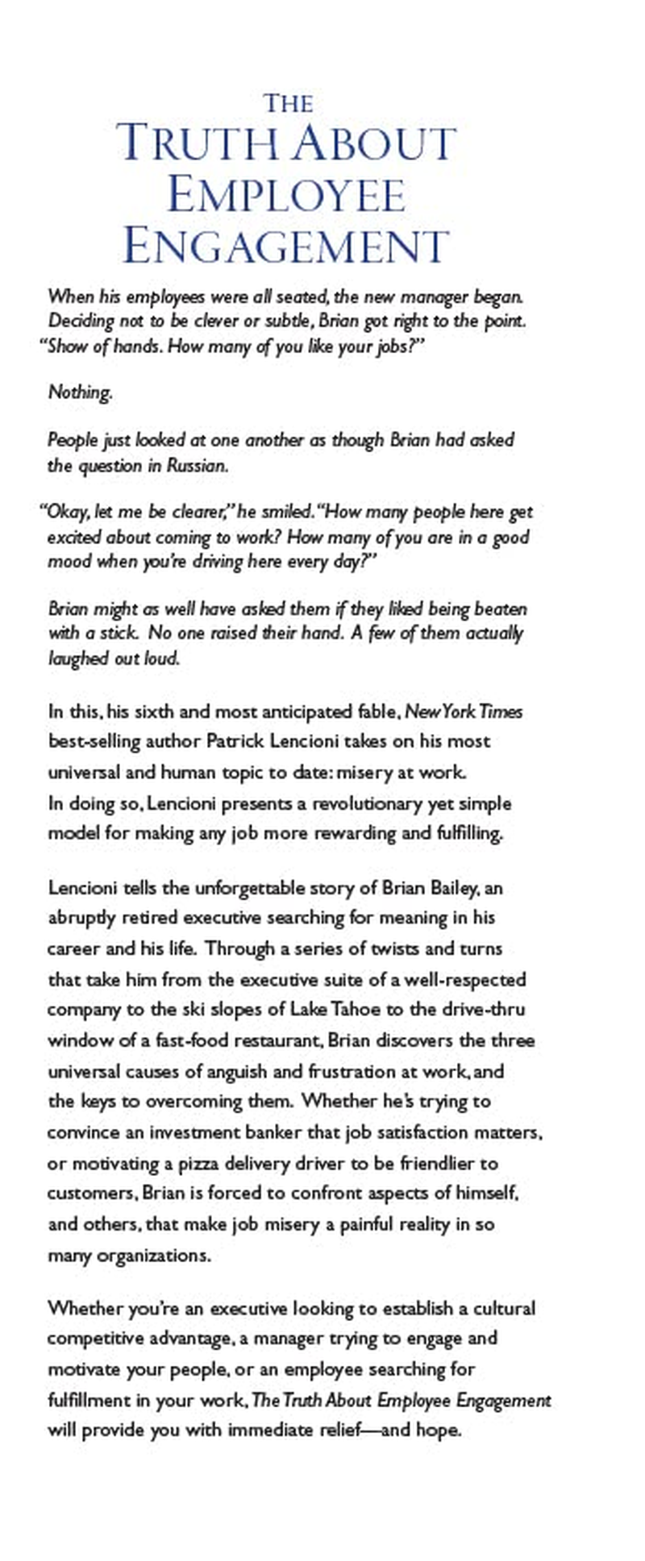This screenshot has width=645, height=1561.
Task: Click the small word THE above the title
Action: (288, 104)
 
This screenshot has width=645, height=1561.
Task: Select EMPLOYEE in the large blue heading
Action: (286, 196)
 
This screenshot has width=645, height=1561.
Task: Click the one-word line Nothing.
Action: (80, 392)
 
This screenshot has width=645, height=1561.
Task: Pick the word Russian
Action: (197, 466)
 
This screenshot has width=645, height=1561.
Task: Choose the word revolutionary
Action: (360, 803)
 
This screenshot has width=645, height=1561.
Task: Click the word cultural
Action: (501, 1307)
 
